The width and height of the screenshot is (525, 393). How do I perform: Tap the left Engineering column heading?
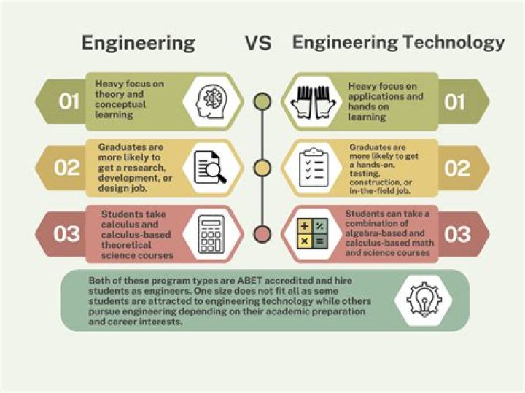tap(138, 43)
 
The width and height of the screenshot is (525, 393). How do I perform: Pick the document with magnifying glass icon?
tap(209, 168)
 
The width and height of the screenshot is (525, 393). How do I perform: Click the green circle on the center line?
tap(259, 101)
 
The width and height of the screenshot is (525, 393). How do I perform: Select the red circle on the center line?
tap(259, 234)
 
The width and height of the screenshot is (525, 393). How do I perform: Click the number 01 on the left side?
tap(69, 101)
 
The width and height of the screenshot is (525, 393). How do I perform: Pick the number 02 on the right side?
tap(457, 168)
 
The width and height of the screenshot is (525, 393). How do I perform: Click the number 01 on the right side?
tap(455, 101)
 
